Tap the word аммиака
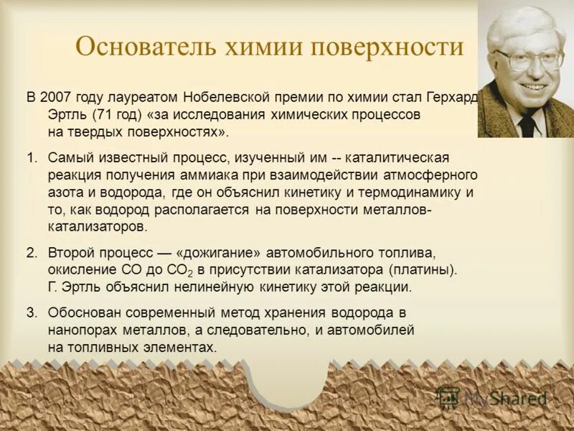pos(237,175)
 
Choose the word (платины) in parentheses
pos(423,270)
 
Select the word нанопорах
pos(80,330)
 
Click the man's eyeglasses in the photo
pos(529,57)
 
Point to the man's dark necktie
pos(527,125)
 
